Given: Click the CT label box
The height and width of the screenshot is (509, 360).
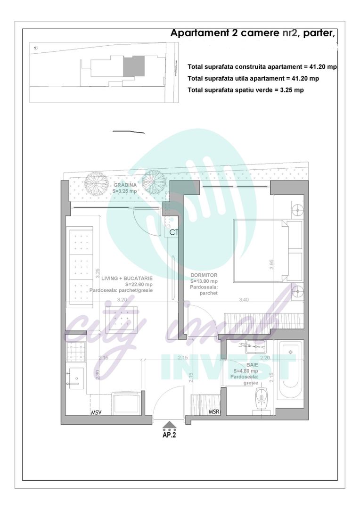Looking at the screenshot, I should [174, 232].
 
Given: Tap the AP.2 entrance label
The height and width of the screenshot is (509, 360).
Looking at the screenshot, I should [169, 435].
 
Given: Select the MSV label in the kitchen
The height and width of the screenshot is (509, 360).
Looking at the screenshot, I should [96, 412].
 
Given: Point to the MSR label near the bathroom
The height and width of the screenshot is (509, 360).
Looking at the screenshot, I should [214, 412].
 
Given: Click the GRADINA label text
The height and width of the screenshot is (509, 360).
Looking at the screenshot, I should [125, 185].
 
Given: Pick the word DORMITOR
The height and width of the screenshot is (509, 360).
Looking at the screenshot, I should [204, 275].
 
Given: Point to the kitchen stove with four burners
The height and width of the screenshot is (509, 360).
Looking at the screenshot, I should [75, 352].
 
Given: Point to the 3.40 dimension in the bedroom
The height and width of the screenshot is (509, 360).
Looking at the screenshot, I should [244, 300].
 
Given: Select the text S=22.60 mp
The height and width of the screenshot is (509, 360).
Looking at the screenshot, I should [139, 285].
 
